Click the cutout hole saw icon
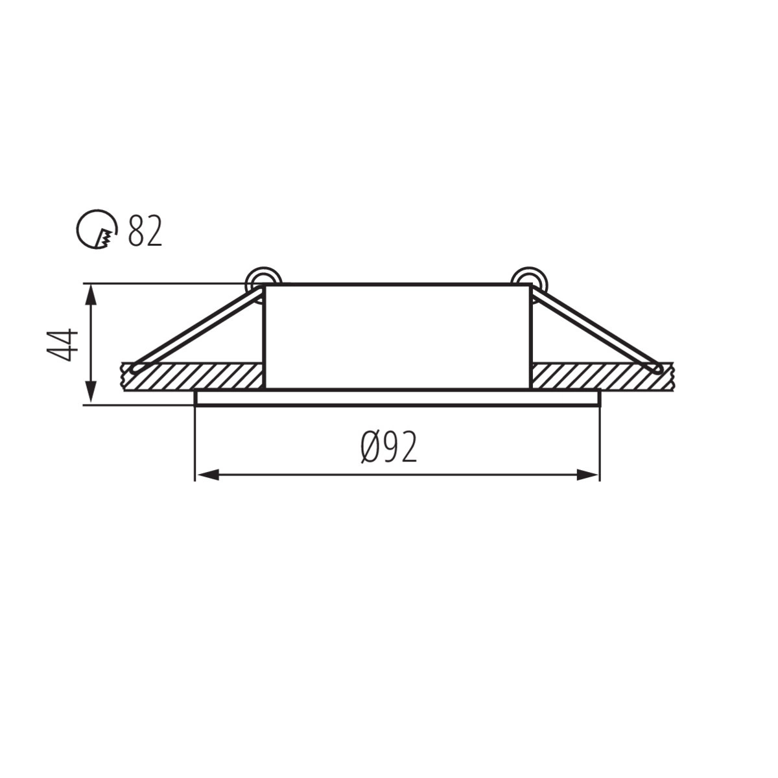[x=97, y=229]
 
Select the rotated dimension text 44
[x=62, y=344]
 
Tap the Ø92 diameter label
[x=388, y=447]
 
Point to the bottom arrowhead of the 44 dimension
[x=91, y=392]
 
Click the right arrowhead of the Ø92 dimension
[x=588, y=475]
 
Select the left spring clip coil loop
[x=264, y=280]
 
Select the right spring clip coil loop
[x=529, y=280]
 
